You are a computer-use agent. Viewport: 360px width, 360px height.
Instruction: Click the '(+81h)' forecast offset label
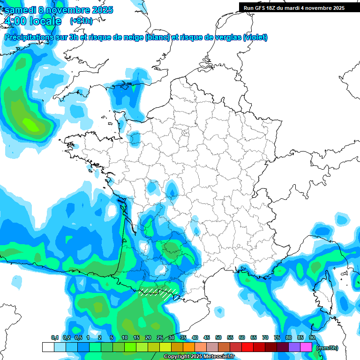[x=81, y=21]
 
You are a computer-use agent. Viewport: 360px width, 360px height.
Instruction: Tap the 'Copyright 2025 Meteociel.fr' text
[x=199, y=357]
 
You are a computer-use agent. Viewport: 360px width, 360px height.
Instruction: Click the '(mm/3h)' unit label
[x=327, y=347]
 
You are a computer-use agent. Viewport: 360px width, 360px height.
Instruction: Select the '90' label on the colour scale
[x=312, y=338]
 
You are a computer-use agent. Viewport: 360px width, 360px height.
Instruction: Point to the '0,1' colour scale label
[x=54, y=338]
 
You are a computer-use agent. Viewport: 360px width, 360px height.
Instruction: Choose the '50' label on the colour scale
[x=218, y=338]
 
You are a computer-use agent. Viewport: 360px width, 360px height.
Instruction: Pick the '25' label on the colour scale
[x=160, y=338]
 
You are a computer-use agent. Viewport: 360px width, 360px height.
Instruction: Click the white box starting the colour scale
[x=48, y=347]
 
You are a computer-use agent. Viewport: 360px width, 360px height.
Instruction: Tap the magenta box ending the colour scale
[x=306, y=347]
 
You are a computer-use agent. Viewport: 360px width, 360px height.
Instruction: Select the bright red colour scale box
[x=247, y=347]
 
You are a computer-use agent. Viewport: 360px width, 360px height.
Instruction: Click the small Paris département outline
[x=185, y=133]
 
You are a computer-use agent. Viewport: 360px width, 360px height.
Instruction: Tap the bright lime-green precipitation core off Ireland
[x=31, y=125]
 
